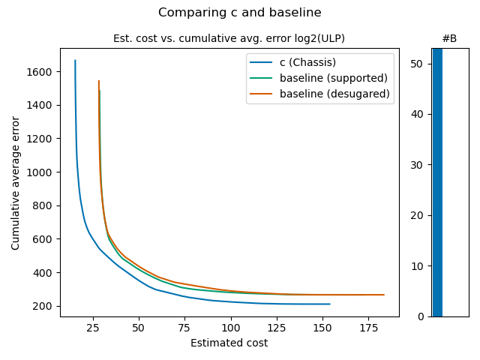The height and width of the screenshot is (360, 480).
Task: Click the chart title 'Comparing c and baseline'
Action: coord(240,13)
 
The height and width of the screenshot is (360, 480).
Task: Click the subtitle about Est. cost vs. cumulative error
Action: coord(229,38)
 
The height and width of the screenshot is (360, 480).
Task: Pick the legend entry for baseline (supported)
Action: coord(333,78)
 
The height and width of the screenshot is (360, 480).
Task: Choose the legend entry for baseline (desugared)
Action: coord(334,94)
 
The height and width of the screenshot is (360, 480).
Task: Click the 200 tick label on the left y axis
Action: coord(44,306)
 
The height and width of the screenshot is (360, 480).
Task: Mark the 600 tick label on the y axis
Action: coord(44,239)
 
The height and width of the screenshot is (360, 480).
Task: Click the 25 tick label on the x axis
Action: coord(93,328)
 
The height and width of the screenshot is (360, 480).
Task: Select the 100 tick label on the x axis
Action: coord(231,328)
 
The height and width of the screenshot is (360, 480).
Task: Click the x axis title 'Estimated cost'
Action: coord(229,343)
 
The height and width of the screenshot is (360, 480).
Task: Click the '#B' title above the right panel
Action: coord(449,38)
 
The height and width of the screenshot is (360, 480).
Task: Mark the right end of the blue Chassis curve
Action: coord(330,304)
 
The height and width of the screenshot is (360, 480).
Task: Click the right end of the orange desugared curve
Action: coord(384,295)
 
